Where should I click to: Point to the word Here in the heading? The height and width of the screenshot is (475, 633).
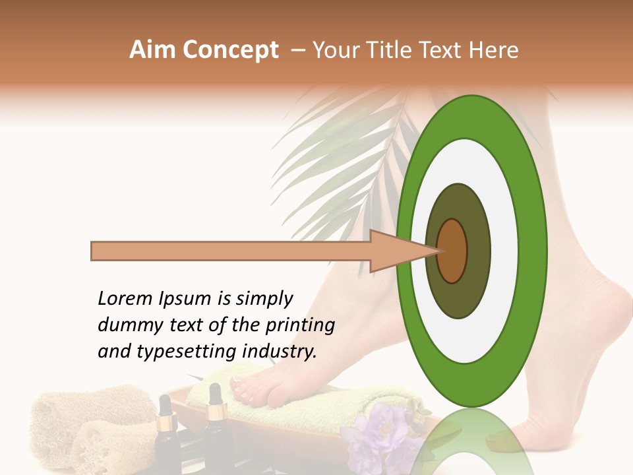pos(494,50)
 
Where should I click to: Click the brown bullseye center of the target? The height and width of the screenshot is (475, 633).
pos(452,251)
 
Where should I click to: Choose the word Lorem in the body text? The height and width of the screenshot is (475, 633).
pos(125,298)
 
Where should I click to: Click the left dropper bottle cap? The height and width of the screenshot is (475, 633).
pos(164,404)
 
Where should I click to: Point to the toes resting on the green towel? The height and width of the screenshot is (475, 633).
pos(251,389)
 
